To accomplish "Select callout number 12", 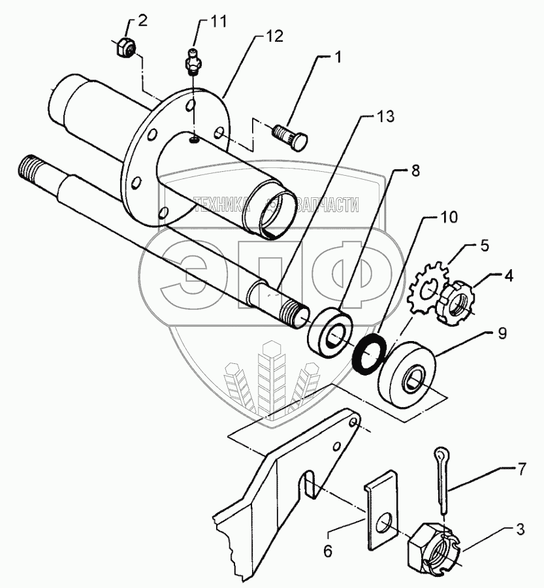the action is click(274, 37).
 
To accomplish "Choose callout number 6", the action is click(327, 551).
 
